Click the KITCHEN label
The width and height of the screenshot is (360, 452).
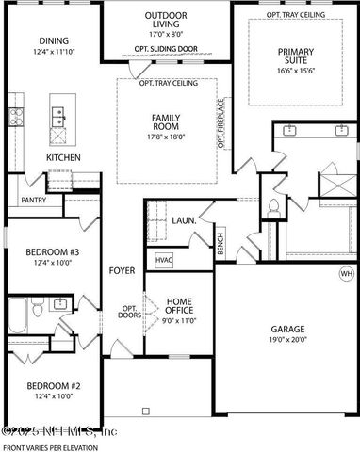point(64,157)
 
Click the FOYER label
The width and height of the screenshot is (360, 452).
point(122,270)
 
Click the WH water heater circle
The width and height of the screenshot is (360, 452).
point(346,274)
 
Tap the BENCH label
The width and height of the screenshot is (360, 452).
point(220,244)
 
